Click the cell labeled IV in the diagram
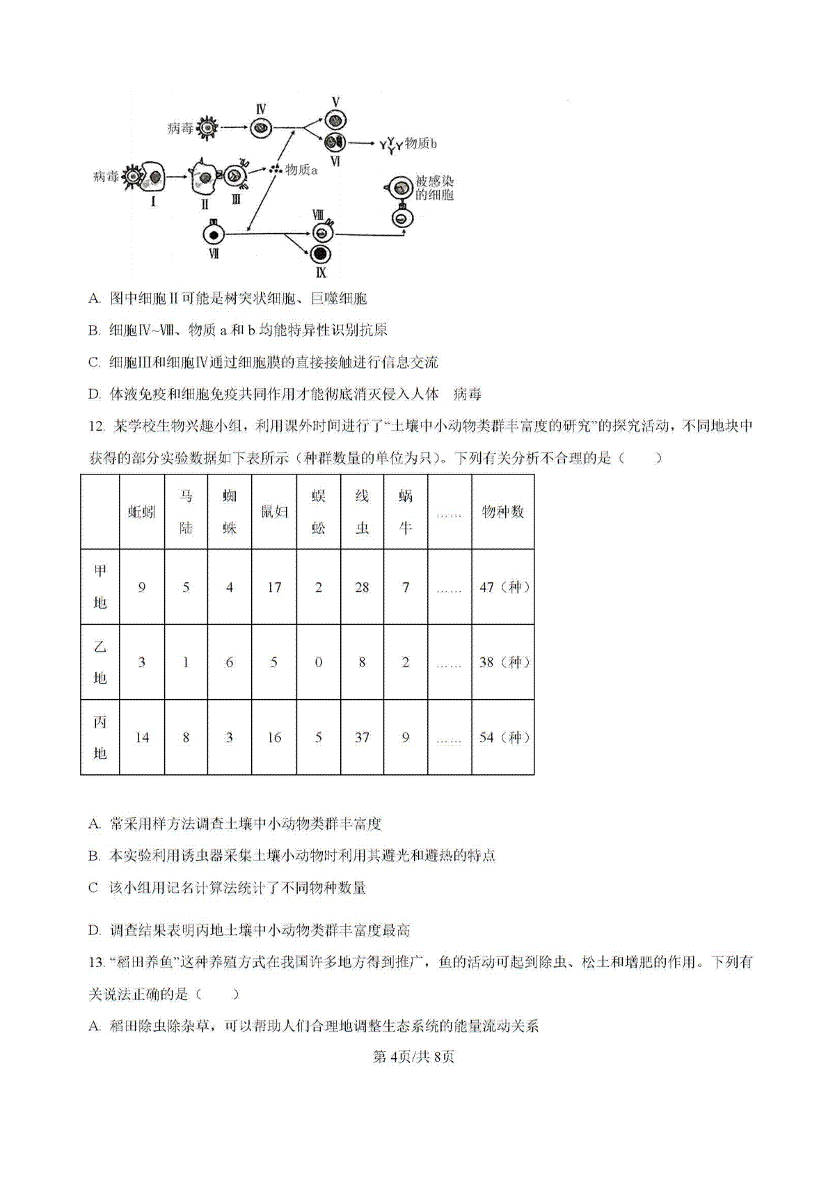pyautogui.click(x=261, y=128)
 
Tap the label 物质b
pyautogui.click(x=420, y=144)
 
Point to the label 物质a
pyautogui.click(x=301, y=170)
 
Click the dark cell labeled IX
pyautogui.click(x=321, y=254)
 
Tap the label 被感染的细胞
pyautogui.click(x=434, y=189)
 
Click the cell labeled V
pyautogui.click(x=335, y=120)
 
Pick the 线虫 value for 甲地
pyautogui.click(x=362, y=587)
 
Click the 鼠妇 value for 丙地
pyautogui.click(x=274, y=737)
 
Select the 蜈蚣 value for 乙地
pyautogui.click(x=318, y=662)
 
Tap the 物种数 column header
pyautogui.click(x=503, y=512)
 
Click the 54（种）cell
pyautogui.click(x=504, y=737)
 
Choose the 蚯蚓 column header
pyautogui.click(x=142, y=512)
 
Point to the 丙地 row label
pyautogui.click(x=100, y=737)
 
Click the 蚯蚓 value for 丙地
pyautogui.click(x=142, y=737)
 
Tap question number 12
pyautogui.click(x=97, y=426)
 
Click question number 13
pyautogui.click(x=97, y=963)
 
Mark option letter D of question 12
pyautogui.click(x=95, y=931)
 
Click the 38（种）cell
pyautogui.click(x=504, y=662)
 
